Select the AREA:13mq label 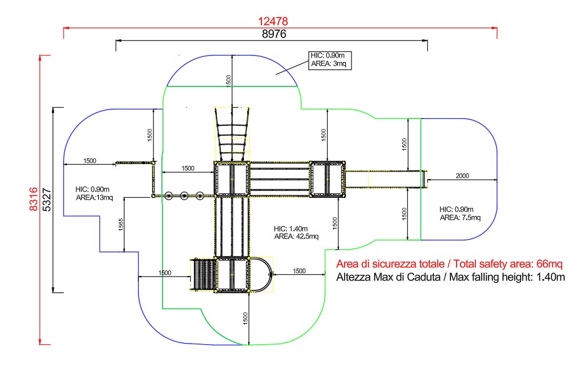pos(94,198)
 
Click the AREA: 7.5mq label pos(460,218)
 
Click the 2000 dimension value pos(462,176)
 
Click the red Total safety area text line pos(450,264)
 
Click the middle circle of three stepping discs pos(185,196)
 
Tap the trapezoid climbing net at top pos(232,133)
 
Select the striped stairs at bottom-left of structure pos(202,274)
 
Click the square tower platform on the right pos(328,179)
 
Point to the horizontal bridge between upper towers pos(280,179)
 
